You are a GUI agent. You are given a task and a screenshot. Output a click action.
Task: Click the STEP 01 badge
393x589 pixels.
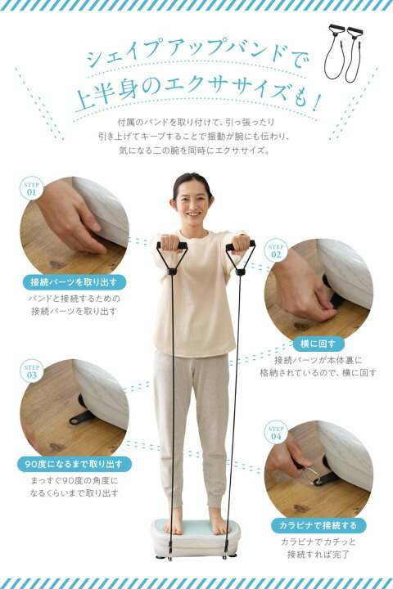(x=31, y=188)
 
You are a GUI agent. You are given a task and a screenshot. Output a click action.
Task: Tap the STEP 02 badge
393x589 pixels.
(x=276, y=250)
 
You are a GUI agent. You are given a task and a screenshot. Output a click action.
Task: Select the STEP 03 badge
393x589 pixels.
(x=31, y=371)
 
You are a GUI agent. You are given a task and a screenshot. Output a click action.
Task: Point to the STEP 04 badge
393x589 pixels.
(x=276, y=433)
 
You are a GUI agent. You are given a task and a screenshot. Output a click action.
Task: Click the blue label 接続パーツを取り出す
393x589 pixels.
(x=74, y=282)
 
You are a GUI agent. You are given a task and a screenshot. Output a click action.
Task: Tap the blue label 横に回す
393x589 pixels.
(x=318, y=344)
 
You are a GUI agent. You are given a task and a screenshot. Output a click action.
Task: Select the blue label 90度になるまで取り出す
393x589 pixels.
(x=74, y=465)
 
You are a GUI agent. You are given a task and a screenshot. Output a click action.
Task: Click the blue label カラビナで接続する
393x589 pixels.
(x=318, y=525)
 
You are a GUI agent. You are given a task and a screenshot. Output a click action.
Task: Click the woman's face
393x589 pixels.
(x=192, y=204)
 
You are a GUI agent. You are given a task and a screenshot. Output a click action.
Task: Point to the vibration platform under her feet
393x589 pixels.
(x=196, y=538)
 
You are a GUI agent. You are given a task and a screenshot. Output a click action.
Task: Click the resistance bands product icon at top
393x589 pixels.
(x=343, y=52)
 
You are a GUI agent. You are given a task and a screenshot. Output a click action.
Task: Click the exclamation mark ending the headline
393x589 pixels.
(x=316, y=102)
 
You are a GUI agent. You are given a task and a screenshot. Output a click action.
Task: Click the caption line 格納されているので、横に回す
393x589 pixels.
(x=318, y=373)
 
